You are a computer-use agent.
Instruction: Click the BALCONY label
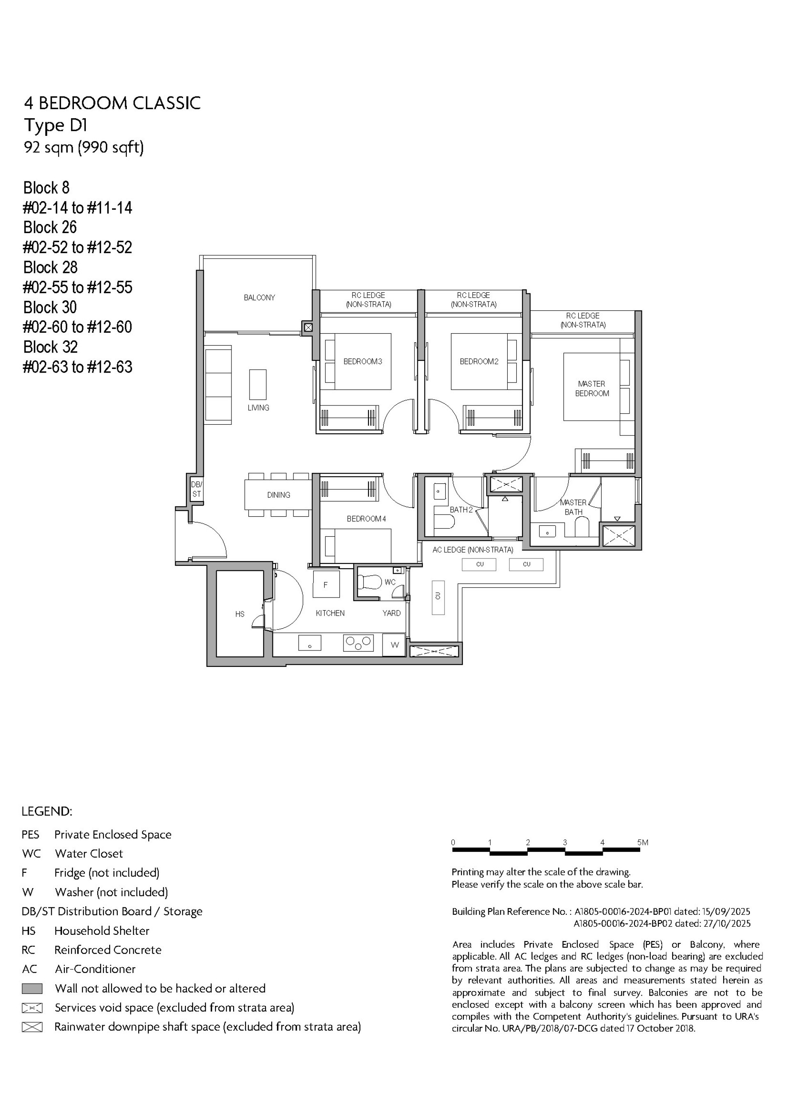point(259,298)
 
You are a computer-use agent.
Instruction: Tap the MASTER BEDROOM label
point(592,389)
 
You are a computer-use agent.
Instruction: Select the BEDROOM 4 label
point(367,519)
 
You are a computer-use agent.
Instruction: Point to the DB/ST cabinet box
point(196,490)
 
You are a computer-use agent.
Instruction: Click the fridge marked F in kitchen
point(325,585)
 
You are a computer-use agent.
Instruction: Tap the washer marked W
point(394,645)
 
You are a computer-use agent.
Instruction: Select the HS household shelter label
point(240,614)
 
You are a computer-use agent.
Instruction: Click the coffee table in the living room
point(258,384)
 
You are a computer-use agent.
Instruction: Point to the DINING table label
point(278,495)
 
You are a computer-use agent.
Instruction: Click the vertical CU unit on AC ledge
point(438,598)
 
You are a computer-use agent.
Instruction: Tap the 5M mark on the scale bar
point(643,843)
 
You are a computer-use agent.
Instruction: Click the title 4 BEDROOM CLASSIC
point(112,103)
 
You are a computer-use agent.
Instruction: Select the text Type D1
point(56,125)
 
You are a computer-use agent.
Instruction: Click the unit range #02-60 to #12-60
point(77,327)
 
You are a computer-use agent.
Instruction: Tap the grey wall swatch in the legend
point(32,988)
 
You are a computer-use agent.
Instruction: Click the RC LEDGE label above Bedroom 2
point(473,300)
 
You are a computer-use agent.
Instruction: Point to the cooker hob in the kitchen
point(358,643)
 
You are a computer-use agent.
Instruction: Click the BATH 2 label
point(460,509)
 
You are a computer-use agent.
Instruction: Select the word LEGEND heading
point(47,811)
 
